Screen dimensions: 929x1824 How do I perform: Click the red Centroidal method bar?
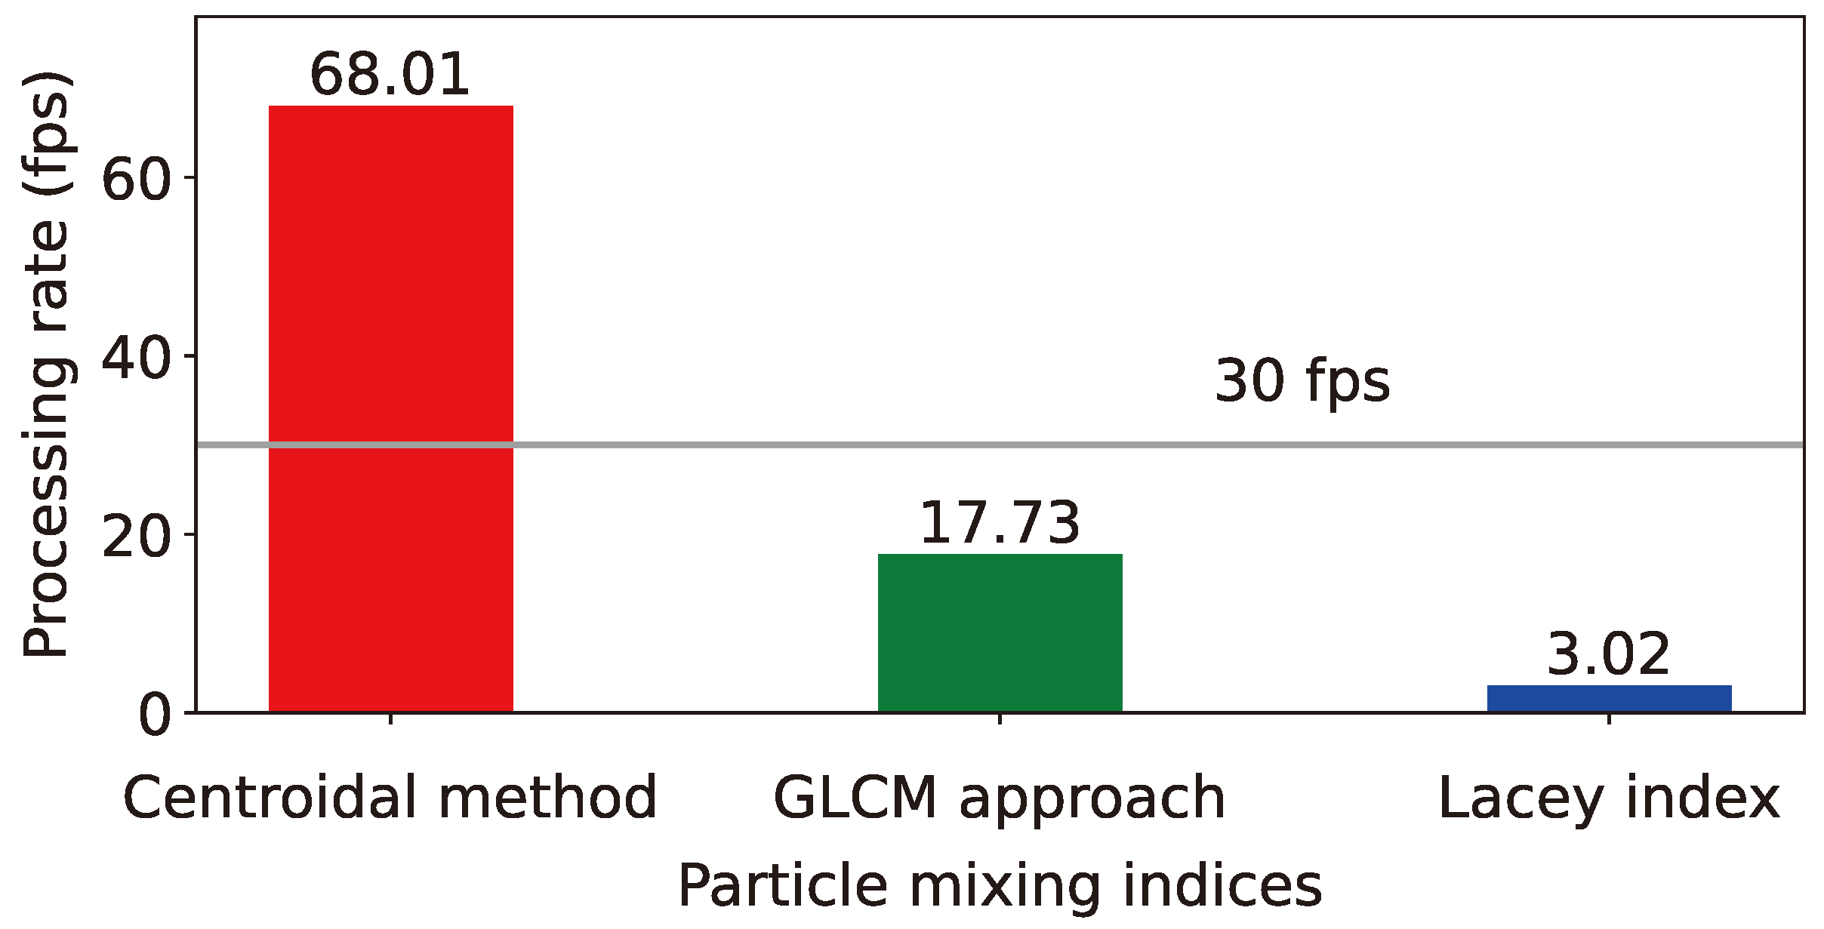[390, 408]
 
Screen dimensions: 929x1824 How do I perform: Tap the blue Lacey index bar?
[1609, 698]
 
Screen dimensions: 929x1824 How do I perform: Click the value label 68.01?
[390, 75]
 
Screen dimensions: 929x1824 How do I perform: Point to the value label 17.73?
[1000, 522]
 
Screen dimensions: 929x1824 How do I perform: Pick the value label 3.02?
[1608, 654]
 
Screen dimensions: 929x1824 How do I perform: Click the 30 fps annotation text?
[1302, 382]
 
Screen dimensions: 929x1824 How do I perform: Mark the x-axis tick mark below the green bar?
[1000, 718]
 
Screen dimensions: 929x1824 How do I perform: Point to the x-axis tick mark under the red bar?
[390, 718]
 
